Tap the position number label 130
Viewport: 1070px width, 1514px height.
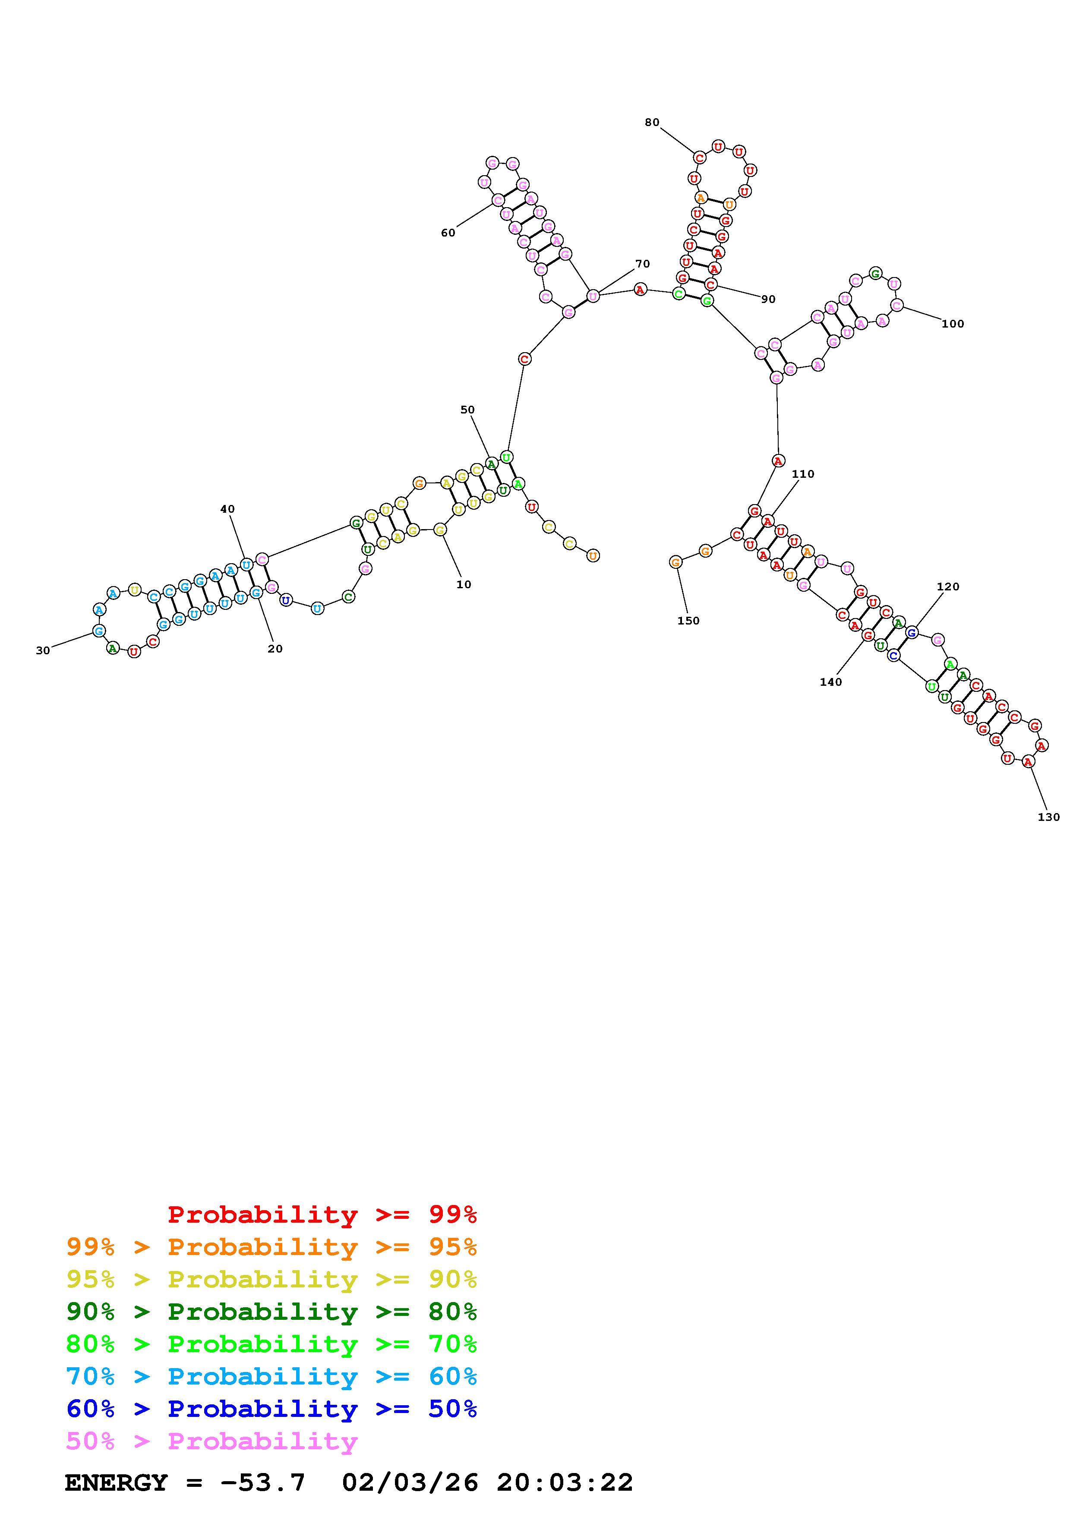tap(1048, 817)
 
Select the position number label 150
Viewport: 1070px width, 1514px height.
tap(688, 621)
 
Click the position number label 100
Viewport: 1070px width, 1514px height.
tap(953, 324)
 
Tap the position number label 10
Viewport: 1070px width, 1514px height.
tap(464, 584)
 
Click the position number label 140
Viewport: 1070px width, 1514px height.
tap(831, 682)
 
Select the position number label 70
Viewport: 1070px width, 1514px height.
tap(642, 264)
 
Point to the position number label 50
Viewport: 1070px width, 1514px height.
tap(467, 410)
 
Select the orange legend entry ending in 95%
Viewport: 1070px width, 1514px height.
tap(271, 1247)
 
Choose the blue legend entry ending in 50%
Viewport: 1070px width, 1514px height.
tap(271, 1409)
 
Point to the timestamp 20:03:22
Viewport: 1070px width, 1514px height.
tap(565, 1483)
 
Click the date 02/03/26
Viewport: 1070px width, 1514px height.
tap(410, 1483)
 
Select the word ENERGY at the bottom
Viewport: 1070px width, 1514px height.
tap(116, 1483)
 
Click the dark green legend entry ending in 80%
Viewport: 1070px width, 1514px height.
tap(271, 1312)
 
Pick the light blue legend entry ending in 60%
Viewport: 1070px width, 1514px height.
tap(271, 1376)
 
